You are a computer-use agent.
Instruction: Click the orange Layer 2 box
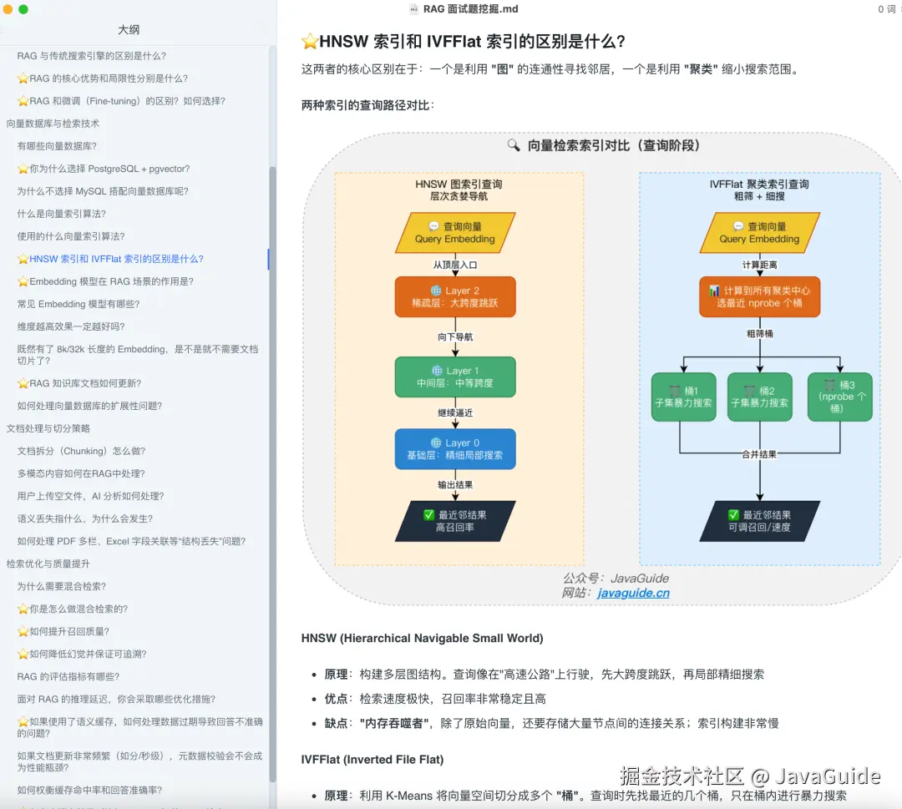click(455, 296)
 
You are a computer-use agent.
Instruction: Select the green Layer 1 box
click(455, 377)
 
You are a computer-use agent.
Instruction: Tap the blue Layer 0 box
click(455, 449)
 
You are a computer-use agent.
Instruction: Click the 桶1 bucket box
click(683, 397)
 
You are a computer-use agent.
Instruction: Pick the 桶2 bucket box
click(759, 397)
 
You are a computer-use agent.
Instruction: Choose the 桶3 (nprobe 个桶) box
click(839, 397)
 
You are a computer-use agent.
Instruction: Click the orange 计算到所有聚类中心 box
click(759, 296)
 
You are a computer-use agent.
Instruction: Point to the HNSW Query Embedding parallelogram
click(455, 232)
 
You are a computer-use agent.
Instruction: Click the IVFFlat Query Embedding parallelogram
click(759, 232)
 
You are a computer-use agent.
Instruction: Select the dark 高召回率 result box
click(455, 521)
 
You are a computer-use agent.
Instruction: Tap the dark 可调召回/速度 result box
click(759, 521)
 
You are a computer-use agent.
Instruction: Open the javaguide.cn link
click(633, 593)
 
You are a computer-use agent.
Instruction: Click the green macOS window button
click(23, 9)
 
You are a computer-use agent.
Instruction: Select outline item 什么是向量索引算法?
click(62, 214)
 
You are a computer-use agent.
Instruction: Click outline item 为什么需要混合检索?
click(62, 586)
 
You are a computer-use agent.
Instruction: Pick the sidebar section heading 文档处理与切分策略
click(48, 428)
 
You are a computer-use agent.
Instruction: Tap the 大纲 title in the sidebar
click(129, 29)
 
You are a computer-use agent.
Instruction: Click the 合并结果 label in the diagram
click(759, 454)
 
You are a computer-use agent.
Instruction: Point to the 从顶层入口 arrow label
click(454, 264)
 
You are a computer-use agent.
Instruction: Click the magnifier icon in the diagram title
click(514, 145)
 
